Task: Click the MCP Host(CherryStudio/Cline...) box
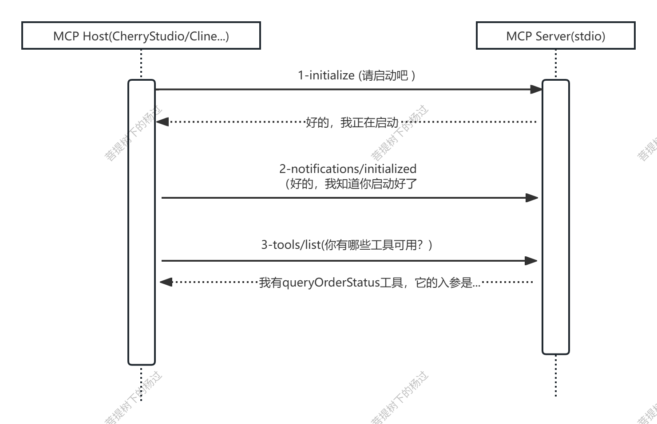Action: (141, 35)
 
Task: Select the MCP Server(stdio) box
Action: (555, 35)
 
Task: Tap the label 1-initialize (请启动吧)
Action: (356, 75)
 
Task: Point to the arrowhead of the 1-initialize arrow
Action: (536, 89)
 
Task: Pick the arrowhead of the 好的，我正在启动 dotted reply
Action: (162, 122)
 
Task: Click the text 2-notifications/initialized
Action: (348, 169)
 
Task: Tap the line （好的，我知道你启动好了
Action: (351, 184)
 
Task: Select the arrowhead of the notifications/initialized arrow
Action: (532, 198)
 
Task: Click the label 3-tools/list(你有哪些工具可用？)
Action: (347, 245)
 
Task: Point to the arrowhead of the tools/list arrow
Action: (531, 261)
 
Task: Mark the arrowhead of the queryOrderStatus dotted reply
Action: (166, 282)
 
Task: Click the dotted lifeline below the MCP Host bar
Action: (141, 383)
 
